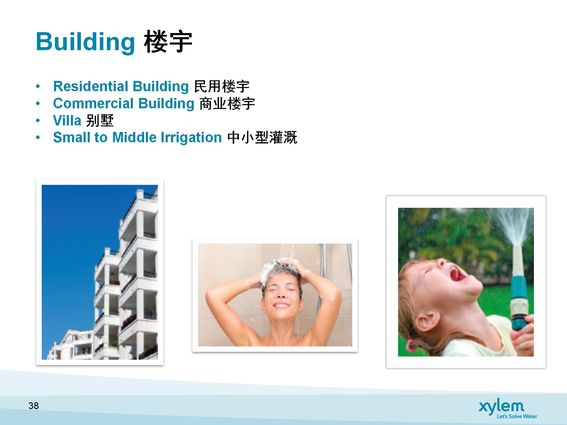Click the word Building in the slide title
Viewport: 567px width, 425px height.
[85, 42]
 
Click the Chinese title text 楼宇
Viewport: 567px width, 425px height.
[168, 42]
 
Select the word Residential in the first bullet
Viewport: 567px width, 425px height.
[91, 86]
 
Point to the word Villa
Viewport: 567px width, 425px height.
[67, 120]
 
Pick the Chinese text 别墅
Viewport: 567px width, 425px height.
[100, 120]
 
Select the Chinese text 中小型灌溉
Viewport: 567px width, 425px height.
[262, 138]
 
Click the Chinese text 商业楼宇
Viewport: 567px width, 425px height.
[227, 104]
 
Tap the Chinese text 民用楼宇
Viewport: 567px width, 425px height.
[222, 86]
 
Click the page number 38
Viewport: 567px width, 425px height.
[34, 406]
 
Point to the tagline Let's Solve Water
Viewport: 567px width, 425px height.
[517, 416]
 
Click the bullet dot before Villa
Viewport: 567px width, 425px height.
[38, 121]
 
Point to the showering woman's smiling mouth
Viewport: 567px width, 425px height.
[281, 305]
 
